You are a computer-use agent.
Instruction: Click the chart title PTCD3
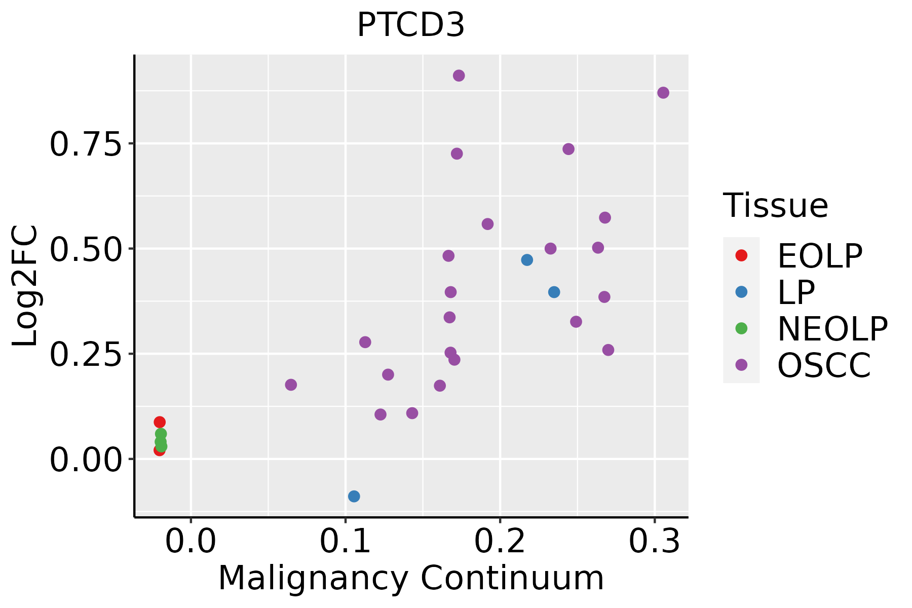[411, 25]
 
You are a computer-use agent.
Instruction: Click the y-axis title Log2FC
[25, 286]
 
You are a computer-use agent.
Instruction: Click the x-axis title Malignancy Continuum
[411, 579]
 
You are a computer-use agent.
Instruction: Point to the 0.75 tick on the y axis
[86, 144]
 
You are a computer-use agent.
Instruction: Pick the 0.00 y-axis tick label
[86, 459]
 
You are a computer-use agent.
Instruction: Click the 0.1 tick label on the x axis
[345, 542]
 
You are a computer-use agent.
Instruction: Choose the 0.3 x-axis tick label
[655, 542]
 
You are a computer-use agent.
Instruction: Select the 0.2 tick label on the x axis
[500, 542]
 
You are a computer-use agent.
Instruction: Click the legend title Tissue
[775, 206]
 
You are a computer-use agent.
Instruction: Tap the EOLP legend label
[819, 256]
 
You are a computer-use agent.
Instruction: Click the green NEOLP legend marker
[741, 328]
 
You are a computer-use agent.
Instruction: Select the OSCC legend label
[824, 365]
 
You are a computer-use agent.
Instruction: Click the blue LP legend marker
[741, 292]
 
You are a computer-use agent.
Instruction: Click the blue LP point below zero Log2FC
[354, 496]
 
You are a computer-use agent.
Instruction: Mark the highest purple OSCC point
[459, 75]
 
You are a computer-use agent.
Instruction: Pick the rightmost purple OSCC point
[663, 93]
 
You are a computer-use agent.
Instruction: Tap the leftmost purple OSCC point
[291, 385]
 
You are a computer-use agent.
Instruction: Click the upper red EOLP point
[160, 422]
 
